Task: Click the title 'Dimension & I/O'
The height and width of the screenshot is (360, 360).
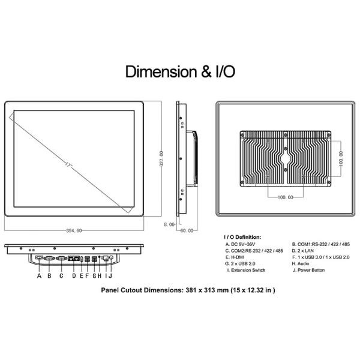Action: (x=180, y=71)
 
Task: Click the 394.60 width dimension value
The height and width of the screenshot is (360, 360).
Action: (x=74, y=230)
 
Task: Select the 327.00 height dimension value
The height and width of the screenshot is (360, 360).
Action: (x=161, y=158)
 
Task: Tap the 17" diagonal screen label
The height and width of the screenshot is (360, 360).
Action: (x=69, y=164)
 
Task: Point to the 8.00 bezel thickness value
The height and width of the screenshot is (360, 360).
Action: (x=169, y=224)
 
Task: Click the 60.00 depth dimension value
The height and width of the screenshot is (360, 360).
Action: (x=187, y=230)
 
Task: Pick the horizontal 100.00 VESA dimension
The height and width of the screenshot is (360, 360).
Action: (x=286, y=197)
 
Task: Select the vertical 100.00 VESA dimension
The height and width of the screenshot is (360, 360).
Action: (x=341, y=158)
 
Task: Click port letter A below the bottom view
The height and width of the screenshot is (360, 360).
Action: (x=39, y=275)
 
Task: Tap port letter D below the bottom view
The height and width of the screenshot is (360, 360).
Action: (x=74, y=275)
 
